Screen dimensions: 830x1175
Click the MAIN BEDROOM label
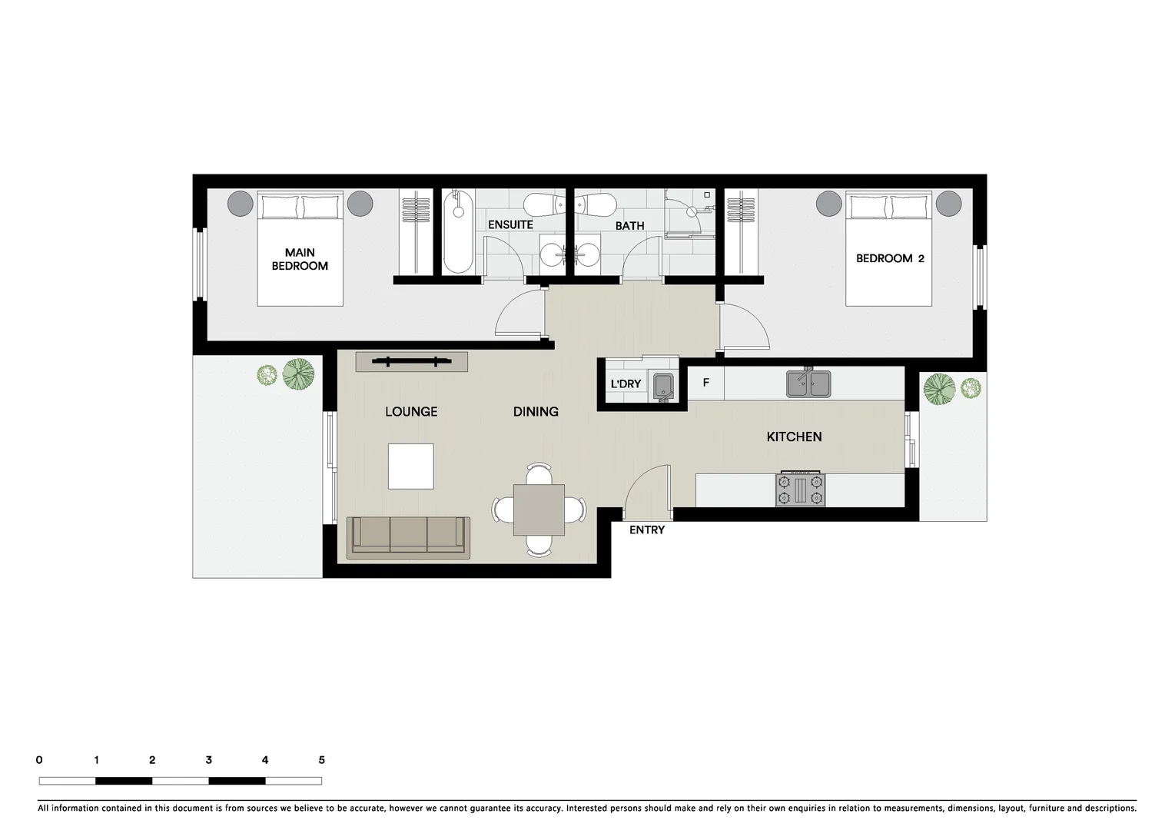pyautogui.click(x=300, y=259)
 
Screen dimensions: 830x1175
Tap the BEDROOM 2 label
pyautogui.click(x=890, y=258)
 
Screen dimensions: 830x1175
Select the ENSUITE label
pyautogui.click(x=510, y=225)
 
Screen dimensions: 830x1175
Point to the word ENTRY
pyautogui.click(x=646, y=530)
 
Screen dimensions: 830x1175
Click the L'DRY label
pyautogui.click(x=626, y=384)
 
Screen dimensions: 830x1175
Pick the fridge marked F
pyautogui.click(x=706, y=383)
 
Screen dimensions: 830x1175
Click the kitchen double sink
pyautogui.click(x=808, y=383)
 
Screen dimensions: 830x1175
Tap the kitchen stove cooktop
pyautogui.click(x=801, y=490)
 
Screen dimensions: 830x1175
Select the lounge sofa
pyautogui.click(x=408, y=536)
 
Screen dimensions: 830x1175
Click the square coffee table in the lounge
pyautogui.click(x=410, y=466)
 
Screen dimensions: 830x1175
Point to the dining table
pyautogui.click(x=539, y=510)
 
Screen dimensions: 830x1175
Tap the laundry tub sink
pyautogui.click(x=662, y=387)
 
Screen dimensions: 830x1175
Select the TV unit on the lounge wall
pyautogui.click(x=411, y=361)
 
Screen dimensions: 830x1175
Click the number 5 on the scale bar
pyautogui.click(x=321, y=760)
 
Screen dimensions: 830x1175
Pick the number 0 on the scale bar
pyautogui.click(x=39, y=760)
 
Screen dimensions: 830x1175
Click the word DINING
pyautogui.click(x=536, y=412)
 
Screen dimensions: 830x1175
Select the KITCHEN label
pyautogui.click(x=794, y=437)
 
